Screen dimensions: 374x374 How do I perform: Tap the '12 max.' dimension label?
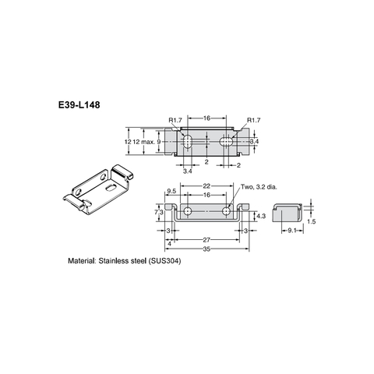tap(143, 142)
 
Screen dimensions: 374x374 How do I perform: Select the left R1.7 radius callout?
tap(177, 120)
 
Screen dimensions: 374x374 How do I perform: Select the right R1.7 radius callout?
tap(255, 120)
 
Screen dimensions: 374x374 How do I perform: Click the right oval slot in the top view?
tap(227, 141)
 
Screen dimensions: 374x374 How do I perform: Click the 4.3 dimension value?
tap(262, 216)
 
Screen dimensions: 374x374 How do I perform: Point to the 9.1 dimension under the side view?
tap(290, 231)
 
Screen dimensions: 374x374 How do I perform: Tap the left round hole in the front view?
tap(188, 211)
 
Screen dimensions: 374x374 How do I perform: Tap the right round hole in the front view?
tap(227, 211)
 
